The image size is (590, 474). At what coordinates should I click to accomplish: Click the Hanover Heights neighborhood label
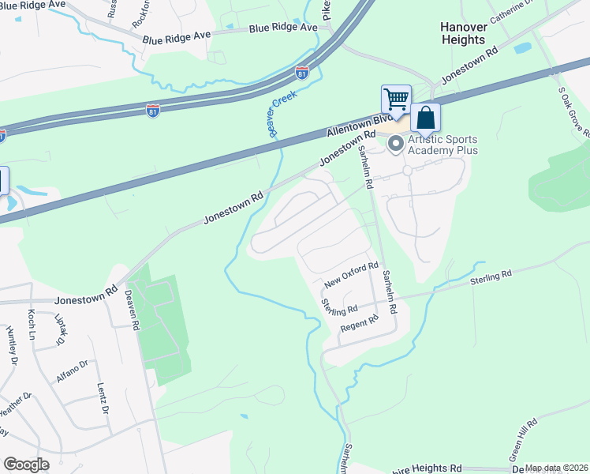click(462, 33)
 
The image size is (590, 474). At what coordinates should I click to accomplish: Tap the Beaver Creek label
click(282, 113)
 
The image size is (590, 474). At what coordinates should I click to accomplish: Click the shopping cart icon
click(396, 100)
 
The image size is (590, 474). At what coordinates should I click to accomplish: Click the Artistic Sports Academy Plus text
click(442, 145)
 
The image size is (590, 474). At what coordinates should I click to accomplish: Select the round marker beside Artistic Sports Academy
click(396, 143)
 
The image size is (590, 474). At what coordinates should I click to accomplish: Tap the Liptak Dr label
click(61, 330)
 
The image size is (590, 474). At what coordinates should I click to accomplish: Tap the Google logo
click(26, 465)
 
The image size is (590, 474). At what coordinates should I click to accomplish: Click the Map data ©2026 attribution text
click(557, 468)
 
